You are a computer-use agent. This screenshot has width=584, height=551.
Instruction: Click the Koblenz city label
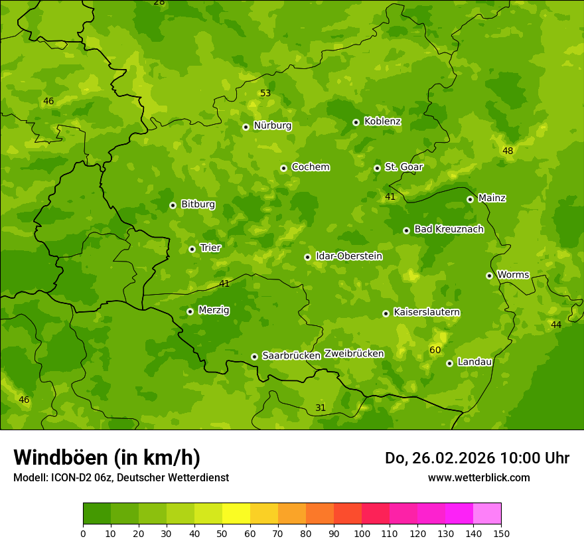(382, 121)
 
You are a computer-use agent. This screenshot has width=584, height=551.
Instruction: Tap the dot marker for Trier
(192, 249)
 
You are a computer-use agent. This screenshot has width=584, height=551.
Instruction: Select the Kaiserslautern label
(427, 312)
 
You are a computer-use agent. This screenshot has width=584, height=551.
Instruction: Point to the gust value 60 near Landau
(435, 350)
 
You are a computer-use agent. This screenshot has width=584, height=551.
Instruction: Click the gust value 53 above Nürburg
(265, 93)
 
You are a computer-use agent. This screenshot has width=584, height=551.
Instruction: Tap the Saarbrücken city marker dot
(254, 356)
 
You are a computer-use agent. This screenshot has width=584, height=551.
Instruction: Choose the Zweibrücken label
(354, 353)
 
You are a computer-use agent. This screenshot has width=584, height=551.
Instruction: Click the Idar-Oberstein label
(348, 256)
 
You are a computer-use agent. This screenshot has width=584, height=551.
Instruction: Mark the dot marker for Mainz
(470, 199)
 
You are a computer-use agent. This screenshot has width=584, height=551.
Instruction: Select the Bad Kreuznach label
(449, 229)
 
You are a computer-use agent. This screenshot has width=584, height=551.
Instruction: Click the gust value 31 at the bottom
(321, 408)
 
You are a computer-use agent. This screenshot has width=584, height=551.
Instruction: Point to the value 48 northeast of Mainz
(508, 151)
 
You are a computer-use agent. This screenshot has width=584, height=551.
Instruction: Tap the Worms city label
(513, 275)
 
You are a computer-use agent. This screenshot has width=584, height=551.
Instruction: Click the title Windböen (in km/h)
(107, 457)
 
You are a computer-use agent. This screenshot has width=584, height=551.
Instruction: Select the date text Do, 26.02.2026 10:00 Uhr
(477, 458)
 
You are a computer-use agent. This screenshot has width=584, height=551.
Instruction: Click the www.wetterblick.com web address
(478, 477)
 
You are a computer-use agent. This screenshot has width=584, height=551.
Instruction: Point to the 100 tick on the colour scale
(362, 533)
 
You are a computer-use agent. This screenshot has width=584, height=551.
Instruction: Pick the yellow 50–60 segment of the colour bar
(236, 514)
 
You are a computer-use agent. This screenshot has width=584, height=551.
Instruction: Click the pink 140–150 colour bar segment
(487, 514)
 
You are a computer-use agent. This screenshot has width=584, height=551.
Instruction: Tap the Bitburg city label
(198, 204)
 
